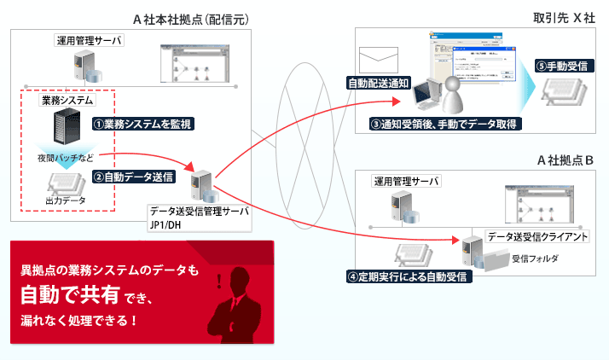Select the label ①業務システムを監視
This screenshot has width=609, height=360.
pyautogui.click(x=143, y=124)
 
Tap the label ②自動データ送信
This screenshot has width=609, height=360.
pyautogui.click(x=134, y=177)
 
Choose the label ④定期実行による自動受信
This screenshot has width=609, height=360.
pyautogui.click(x=409, y=277)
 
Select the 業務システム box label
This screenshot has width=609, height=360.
pyautogui.click(x=67, y=101)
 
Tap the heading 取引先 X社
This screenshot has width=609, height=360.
pyautogui.click(x=558, y=18)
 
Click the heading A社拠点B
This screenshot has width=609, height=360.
pyautogui.click(x=565, y=160)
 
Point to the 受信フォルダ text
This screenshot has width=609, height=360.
pyautogui.click(x=535, y=258)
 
